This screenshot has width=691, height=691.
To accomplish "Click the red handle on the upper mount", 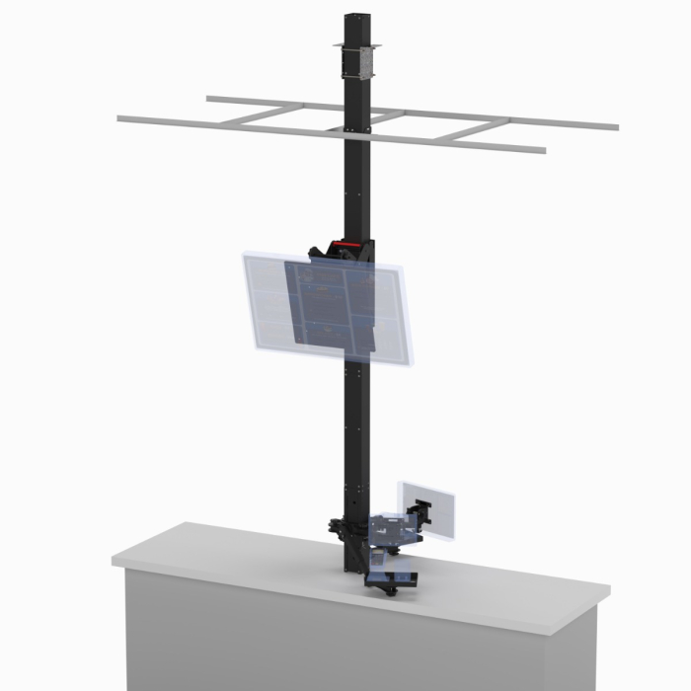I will pyautogui.click(x=345, y=243).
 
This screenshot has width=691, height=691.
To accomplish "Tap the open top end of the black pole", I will pyautogui.click(x=355, y=17).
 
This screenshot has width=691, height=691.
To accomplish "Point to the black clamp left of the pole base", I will pyautogui.click(x=337, y=528).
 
